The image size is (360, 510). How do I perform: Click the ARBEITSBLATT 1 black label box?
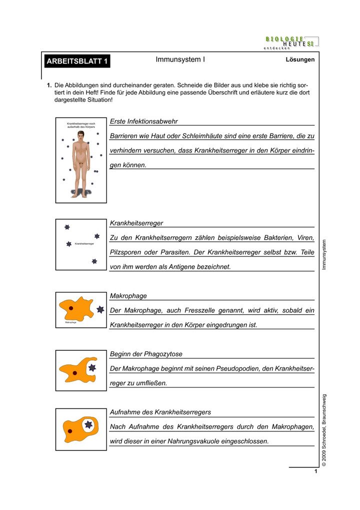[77, 62]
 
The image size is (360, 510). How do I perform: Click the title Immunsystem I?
[180, 60]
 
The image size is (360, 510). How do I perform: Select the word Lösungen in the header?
[300, 60]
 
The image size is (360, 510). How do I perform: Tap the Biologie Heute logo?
[290, 42]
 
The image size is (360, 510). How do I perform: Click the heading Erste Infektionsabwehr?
[143, 122]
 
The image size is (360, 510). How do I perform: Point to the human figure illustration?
[80, 166]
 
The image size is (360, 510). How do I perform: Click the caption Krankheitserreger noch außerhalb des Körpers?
[81, 125]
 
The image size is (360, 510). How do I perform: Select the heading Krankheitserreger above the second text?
[136, 223]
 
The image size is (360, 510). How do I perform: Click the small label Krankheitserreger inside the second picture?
[84, 244]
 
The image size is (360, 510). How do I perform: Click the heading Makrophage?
[128, 296]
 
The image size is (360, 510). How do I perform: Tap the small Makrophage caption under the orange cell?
[70, 323]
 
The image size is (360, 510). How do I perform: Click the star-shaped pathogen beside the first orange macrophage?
[100, 310]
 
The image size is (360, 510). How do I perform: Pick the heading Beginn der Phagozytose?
[146, 354]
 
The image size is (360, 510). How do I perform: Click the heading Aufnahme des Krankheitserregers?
[160, 412]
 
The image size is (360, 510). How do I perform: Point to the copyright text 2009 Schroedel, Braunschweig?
[324, 430]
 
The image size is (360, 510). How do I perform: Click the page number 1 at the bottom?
[316, 471]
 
